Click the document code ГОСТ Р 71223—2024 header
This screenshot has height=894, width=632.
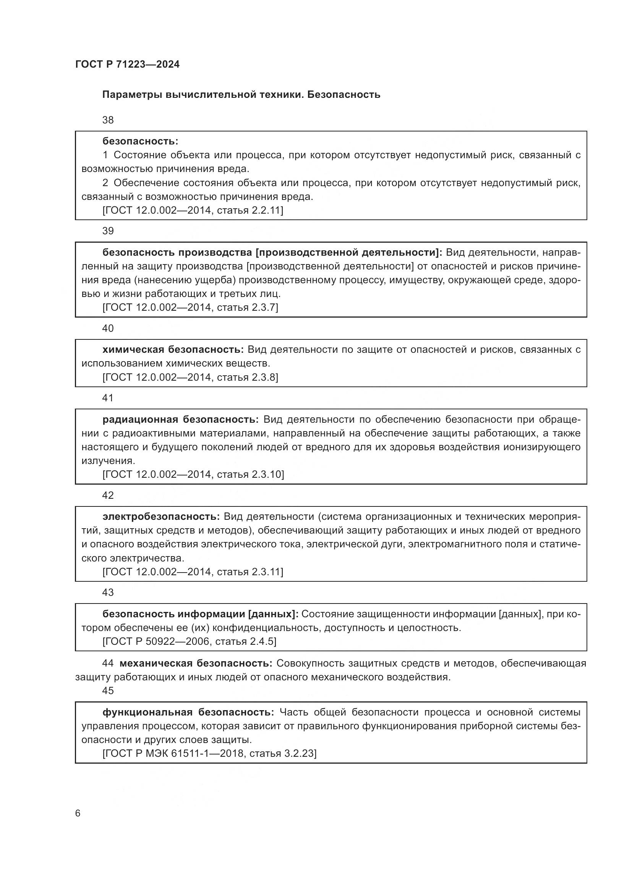127,64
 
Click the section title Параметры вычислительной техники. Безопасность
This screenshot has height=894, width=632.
241,95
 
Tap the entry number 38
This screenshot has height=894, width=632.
108,120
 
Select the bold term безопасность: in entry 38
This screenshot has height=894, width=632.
140,141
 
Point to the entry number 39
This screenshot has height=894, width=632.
108,231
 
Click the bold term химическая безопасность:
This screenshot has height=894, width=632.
173,350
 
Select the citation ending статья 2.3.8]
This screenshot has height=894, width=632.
247,377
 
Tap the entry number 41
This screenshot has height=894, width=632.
108,398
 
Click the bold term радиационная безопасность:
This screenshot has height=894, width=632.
181,419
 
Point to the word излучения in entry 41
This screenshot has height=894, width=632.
108,461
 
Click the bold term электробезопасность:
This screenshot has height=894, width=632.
161,516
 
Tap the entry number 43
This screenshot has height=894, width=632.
108,592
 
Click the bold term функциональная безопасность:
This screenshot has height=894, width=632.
188,712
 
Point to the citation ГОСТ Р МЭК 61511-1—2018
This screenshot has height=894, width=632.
174,753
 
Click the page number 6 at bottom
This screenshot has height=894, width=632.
78,813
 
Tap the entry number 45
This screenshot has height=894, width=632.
108,691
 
